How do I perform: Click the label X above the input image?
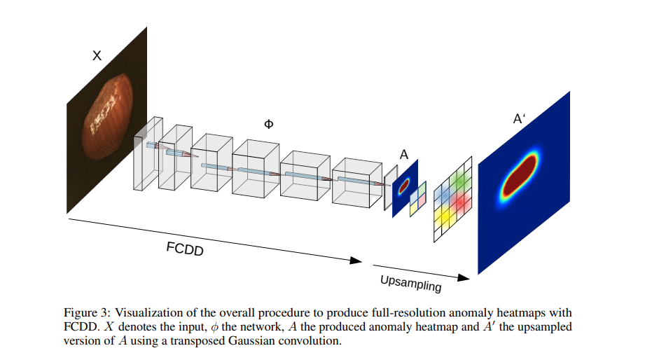point(97,55)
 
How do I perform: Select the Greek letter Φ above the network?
point(268,124)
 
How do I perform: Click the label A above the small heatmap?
point(404,155)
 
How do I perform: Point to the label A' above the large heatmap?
point(520,119)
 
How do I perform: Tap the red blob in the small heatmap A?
point(404,186)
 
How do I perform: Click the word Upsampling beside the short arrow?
point(411,283)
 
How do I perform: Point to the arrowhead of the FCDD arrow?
point(357,261)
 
